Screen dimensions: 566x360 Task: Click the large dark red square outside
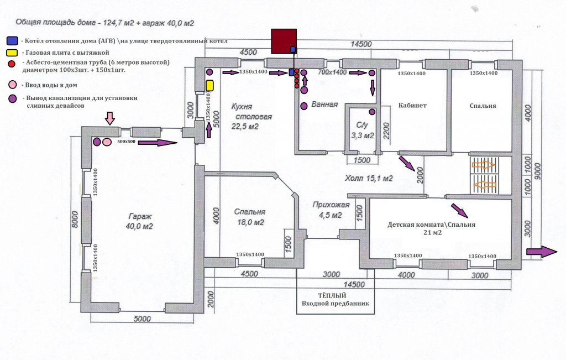click(x=284, y=41)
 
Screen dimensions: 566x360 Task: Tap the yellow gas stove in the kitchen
click(x=209, y=86)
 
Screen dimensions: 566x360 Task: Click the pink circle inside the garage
click(x=107, y=142)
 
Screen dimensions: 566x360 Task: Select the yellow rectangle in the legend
click(x=12, y=53)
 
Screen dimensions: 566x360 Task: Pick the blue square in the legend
click(x=12, y=40)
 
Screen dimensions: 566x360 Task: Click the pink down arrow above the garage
click(x=110, y=118)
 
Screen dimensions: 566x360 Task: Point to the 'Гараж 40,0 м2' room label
click(x=140, y=221)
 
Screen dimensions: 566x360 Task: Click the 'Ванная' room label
click(x=324, y=105)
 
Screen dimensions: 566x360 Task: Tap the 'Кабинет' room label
click(x=412, y=106)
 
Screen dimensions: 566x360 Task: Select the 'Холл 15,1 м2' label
click(x=369, y=178)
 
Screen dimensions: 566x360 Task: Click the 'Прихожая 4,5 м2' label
click(x=331, y=210)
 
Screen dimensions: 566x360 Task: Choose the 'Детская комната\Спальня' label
click(x=431, y=225)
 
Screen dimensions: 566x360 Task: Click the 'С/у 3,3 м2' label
click(x=363, y=131)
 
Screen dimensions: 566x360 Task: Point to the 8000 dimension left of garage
click(x=75, y=219)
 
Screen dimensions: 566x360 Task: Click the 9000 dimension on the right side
click(x=538, y=172)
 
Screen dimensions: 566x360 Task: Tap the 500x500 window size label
click(x=127, y=142)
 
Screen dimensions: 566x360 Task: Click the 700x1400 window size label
click(x=332, y=72)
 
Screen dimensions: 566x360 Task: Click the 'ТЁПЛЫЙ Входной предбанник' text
click(x=336, y=299)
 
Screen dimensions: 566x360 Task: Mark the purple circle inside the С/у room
click(x=372, y=112)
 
